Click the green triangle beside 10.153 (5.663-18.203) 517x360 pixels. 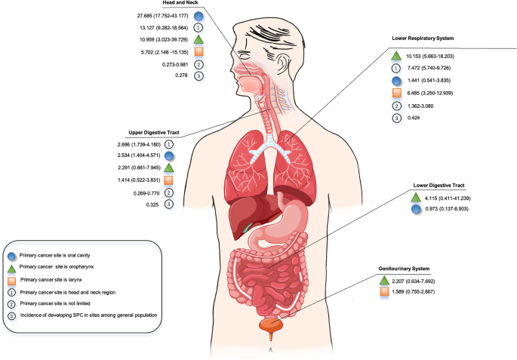(398, 55)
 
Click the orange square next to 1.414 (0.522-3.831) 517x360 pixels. (169, 180)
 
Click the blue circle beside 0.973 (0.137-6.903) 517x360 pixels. (416, 209)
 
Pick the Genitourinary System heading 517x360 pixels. (405, 268)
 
